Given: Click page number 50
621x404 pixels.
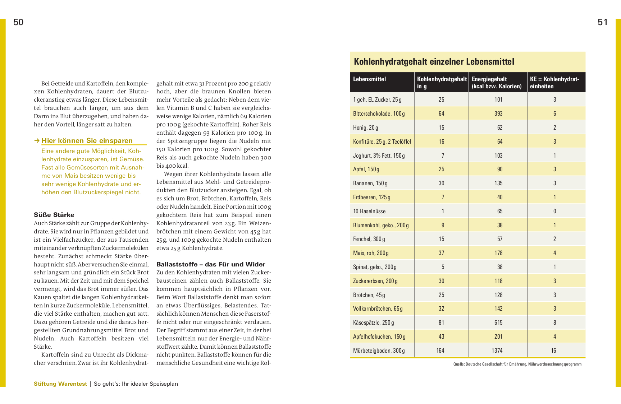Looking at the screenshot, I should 18,22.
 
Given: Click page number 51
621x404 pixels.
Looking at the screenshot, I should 603,22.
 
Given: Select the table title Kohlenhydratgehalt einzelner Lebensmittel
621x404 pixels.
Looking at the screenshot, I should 434,62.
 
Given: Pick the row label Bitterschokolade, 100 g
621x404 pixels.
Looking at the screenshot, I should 379,113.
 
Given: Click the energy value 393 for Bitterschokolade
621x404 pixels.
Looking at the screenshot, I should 498,113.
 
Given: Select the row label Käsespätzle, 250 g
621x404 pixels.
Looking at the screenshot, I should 373,322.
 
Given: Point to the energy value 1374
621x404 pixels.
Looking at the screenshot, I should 497,350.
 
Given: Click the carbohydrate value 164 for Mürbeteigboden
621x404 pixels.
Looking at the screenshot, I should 440,350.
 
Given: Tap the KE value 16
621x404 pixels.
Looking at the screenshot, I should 554,350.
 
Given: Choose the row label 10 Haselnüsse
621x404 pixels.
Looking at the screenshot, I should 369,211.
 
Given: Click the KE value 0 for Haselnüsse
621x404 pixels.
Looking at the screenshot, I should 554,211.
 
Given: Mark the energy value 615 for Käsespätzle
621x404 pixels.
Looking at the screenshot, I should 498,322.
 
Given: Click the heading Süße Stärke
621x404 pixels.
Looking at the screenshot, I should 54,215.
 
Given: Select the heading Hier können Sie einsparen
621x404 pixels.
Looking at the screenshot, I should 87,141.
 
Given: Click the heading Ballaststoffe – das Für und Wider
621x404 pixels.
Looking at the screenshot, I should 211,264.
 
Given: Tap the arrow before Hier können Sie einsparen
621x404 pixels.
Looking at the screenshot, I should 37,141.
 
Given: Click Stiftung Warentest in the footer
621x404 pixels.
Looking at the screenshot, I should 60,384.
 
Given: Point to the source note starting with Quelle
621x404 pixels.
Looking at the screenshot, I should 517,364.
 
